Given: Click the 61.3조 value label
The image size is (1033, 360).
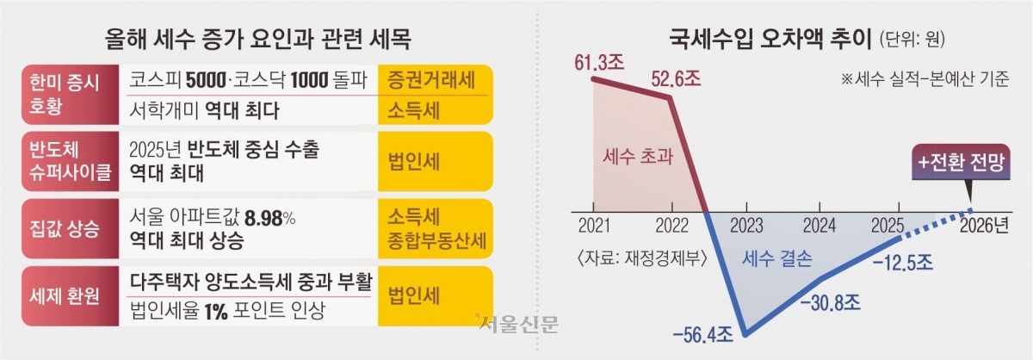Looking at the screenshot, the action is click(599, 62).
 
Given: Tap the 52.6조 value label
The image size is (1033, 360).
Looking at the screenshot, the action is click(676, 79).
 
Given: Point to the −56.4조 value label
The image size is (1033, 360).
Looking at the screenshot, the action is click(702, 335).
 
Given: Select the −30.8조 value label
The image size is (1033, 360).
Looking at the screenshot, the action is click(830, 303).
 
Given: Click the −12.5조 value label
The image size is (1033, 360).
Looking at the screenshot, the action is click(902, 263).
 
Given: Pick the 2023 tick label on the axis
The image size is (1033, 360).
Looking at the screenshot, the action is click(746, 226).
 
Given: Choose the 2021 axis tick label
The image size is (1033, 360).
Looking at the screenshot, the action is click(594, 226).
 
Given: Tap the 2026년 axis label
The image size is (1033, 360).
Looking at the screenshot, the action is click(984, 226).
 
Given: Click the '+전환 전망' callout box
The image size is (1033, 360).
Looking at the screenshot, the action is click(961, 162).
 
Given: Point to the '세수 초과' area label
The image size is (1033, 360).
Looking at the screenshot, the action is click(638, 157).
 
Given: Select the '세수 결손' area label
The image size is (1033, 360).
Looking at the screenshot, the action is click(776, 258).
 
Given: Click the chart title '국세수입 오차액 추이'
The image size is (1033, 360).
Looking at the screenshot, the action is click(770, 40).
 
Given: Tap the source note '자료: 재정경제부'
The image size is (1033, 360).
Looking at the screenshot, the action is click(642, 258).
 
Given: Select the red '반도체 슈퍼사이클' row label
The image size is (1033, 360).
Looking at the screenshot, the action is click(70, 161).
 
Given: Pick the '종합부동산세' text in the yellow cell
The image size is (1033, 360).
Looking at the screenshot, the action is click(436, 241).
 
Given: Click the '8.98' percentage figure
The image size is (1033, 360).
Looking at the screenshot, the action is click(263, 218).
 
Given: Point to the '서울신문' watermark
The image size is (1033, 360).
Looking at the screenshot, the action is click(517, 324).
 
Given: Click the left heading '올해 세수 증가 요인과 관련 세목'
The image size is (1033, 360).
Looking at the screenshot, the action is click(257, 40).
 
